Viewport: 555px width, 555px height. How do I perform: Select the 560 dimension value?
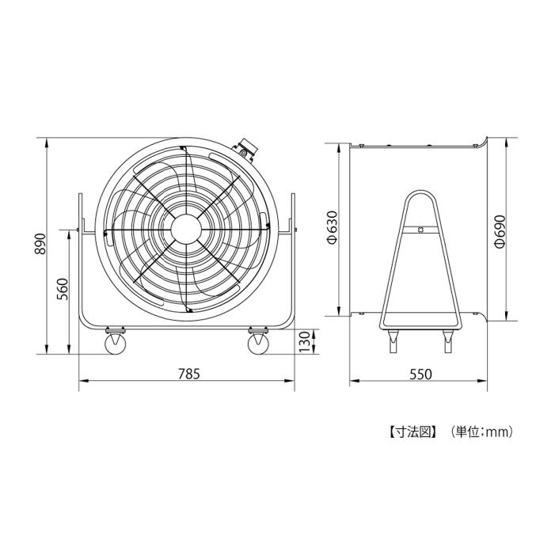click(63, 291)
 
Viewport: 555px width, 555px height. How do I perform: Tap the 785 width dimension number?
click(187, 374)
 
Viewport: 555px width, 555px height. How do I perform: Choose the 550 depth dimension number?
click(420, 374)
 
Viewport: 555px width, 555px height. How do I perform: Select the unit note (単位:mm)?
click(483, 432)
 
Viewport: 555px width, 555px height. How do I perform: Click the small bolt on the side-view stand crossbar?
click(420, 230)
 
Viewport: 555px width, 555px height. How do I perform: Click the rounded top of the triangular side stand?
click(420, 193)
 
